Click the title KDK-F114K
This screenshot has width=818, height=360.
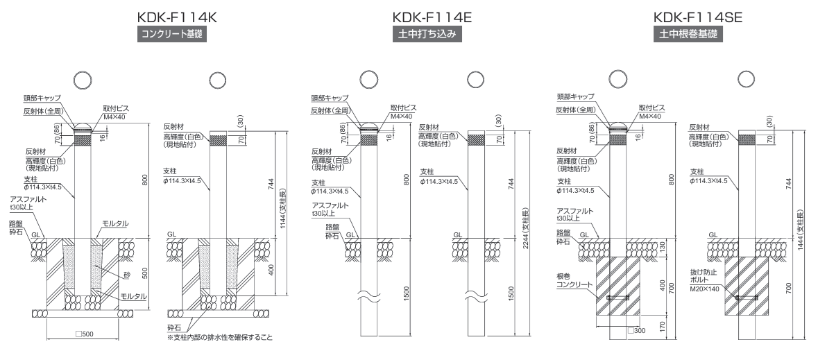coord(174,17)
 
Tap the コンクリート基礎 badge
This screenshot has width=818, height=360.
coord(174,33)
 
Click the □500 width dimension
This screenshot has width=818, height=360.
coord(84,334)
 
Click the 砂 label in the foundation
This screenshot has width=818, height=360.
coord(127,275)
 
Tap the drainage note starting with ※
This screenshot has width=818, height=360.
coord(215,338)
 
